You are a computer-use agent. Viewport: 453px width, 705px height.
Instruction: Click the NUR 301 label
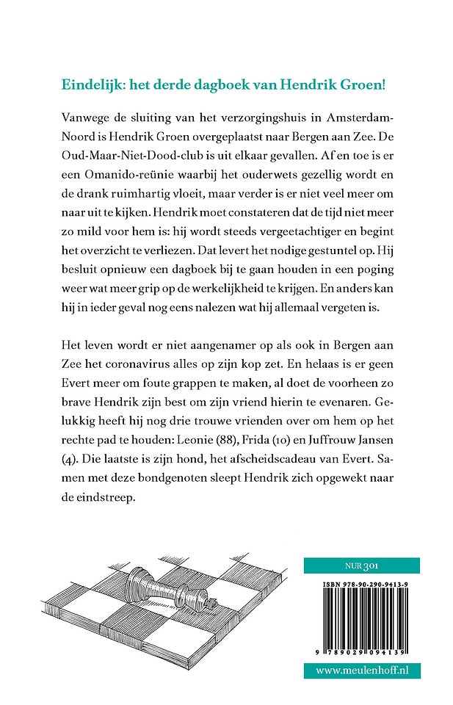point(361,565)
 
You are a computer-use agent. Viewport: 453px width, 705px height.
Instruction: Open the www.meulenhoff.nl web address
point(362,670)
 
